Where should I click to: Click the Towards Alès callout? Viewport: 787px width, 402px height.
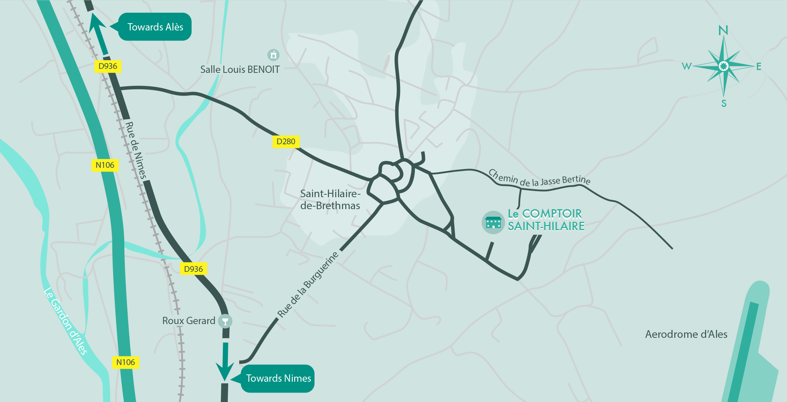[155, 27]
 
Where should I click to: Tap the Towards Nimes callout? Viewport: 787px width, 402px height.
[278, 378]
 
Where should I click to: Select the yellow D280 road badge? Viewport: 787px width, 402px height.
[286, 141]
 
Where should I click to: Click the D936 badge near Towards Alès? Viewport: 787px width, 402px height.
[108, 66]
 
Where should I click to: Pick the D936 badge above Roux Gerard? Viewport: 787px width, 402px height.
[193, 269]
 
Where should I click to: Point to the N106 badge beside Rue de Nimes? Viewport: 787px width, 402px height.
[105, 165]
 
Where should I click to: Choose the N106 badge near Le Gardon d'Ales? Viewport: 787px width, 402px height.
[125, 362]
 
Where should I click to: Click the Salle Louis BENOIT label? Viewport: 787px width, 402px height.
[240, 70]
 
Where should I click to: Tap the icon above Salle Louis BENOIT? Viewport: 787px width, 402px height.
[273, 55]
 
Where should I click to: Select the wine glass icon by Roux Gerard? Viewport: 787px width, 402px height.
[225, 321]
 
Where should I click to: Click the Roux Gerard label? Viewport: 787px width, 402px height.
[188, 321]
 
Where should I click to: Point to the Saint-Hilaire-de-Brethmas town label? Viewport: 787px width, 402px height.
[330, 200]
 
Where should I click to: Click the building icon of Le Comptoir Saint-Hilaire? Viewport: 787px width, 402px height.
[493, 222]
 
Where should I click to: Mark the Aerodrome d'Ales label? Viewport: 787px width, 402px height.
[686, 334]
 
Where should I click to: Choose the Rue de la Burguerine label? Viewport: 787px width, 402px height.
[308, 285]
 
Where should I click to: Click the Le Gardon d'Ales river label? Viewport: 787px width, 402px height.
[66, 321]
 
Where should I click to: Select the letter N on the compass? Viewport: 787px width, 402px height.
[723, 30]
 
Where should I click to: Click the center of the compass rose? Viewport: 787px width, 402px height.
[724, 66]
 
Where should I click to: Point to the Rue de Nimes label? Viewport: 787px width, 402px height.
[136, 150]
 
